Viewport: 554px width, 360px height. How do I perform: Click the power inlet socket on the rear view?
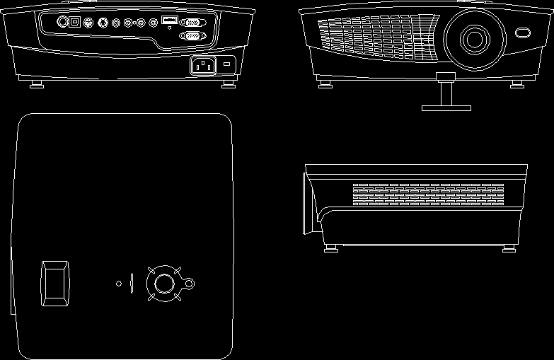click(x=202, y=66)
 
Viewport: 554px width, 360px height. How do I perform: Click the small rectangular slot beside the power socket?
click(x=227, y=65)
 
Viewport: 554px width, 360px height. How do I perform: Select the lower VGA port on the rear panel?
click(x=192, y=35)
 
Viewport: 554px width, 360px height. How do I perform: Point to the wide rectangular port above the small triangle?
click(x=169, y=21)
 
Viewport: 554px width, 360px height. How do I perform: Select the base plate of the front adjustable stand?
click(x=446, y=108)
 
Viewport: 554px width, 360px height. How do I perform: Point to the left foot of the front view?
click(x=325, y=83)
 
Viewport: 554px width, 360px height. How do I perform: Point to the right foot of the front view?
click(x=518, y=83)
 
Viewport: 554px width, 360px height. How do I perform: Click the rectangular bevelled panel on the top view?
click(x=55, y=284)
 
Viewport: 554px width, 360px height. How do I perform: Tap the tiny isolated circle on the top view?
click(x=119, y=284)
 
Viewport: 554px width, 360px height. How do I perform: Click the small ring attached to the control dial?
click(x=189, y=284)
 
